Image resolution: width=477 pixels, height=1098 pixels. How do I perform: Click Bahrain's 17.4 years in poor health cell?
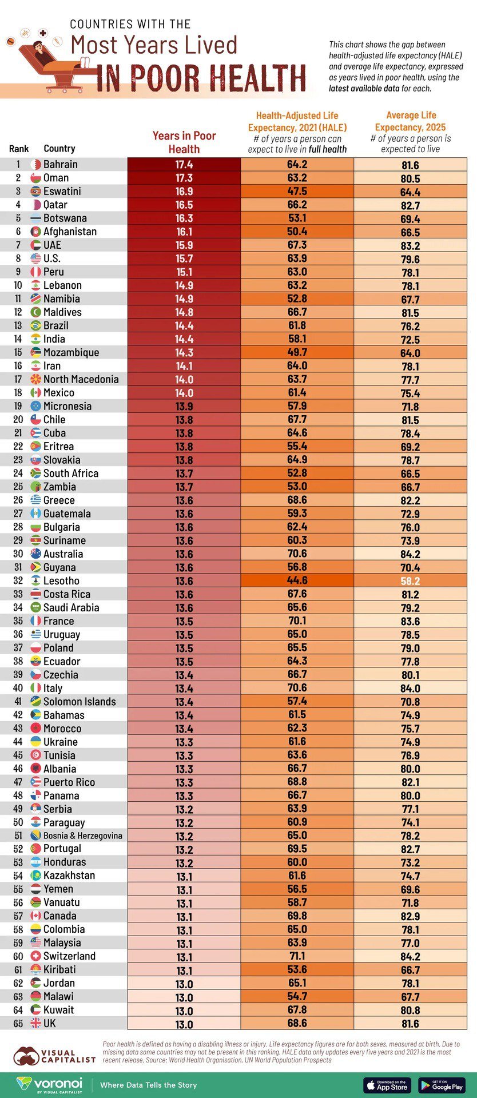point(184,165)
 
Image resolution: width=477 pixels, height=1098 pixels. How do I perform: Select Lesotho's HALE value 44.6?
point(297,580)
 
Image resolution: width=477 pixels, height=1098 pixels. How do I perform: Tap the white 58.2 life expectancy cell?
point(410,580)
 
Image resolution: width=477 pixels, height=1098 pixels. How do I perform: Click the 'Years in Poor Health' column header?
point(184,142)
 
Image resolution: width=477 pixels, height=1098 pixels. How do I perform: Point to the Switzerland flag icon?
point(35,956)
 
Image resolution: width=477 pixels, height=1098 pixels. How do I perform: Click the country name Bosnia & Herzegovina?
point(83,836)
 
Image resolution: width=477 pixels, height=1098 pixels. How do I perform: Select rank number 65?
point(18,1023)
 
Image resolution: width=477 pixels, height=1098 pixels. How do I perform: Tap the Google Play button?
point(442,1085)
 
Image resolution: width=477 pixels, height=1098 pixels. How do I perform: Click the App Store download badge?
point(387,1085)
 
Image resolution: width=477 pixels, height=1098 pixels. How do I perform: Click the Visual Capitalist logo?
point(54,1056)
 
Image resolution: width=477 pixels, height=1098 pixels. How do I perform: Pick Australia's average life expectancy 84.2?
point(410,554)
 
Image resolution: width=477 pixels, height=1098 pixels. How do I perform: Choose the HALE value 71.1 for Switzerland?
point(297,956)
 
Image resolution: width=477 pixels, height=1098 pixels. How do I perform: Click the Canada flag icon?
point(35,916)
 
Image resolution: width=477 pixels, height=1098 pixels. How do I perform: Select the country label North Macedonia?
point(81,379)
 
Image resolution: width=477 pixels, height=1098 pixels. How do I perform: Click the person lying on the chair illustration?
point(43,54)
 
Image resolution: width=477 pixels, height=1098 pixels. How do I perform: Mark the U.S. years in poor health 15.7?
point(184,258)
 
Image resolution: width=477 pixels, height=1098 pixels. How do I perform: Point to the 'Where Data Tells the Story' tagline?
point(148,1085)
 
